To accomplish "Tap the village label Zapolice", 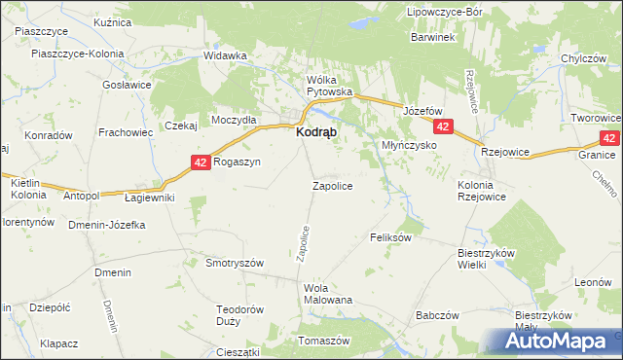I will (x=332, y=185).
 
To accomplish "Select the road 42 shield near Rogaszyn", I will (x=200, y=162).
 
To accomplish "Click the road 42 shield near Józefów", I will (x=444, y=127).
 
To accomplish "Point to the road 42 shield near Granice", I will (x=609, y=139).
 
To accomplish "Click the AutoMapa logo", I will (x=559, y=342).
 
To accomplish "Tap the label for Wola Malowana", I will (x=328, y=294).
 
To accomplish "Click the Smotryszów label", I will (x=236, y=263).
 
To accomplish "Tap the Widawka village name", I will (x=225, y=55).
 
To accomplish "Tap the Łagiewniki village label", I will (x=150, y=198).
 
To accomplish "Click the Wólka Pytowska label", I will (x=329, y=86).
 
